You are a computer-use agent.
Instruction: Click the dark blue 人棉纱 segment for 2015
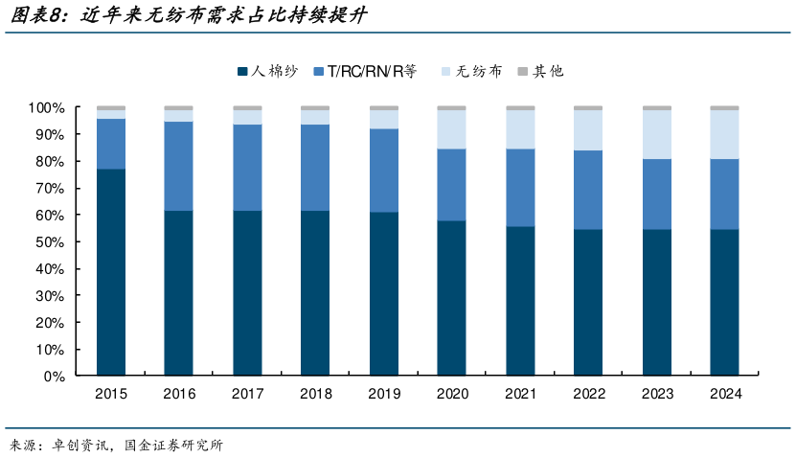[x=111, y=272]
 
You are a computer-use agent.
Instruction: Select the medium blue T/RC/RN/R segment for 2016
[x=179, y=166]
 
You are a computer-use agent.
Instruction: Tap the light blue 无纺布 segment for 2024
[x=724, y=134]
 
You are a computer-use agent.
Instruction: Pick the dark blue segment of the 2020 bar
[x=452, y=298]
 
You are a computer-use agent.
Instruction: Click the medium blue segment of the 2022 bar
[x=588, y=190]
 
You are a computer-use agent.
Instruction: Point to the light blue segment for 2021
[x=520, y=129]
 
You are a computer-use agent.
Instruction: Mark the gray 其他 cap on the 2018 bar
[x=315, y=108]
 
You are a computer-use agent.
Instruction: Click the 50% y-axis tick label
[x=49, y=242]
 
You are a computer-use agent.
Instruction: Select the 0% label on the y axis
[x=53, y=377]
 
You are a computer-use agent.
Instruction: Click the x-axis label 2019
[x=383, y=393]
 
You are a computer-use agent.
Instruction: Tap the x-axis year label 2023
[x=656, y=393]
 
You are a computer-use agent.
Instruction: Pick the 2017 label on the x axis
[x=247, y=393]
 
